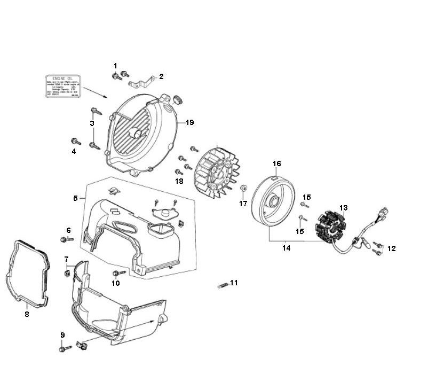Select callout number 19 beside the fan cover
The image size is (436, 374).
point(189,122)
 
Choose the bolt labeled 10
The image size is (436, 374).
point(118,272)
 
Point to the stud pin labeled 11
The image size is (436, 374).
point(223,285)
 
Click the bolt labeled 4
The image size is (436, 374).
point(75,142)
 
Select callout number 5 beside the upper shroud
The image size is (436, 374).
point(76,198)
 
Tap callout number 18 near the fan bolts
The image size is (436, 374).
point(178,181)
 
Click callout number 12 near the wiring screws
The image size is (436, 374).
point(392,248)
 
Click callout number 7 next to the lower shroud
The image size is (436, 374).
point(66,259)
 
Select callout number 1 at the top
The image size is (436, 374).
point(115,66)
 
